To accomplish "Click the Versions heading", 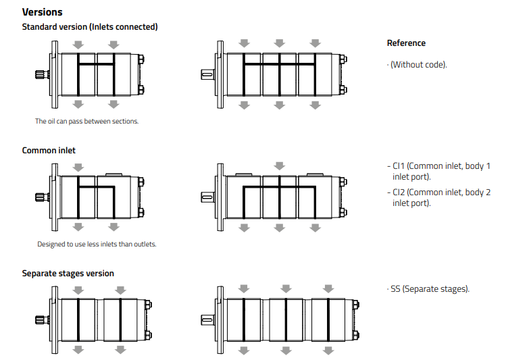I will tap(42, 12).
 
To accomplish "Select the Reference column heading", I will tap(406, 43).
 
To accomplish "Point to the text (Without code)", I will tap(419, 65).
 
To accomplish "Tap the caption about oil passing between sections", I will tap(86, 122).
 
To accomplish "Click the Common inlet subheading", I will tap(49, 151).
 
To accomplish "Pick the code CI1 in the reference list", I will tap(399, 165).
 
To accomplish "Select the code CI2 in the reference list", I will tap(399, 192).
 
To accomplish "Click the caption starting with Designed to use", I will tap(97, 244).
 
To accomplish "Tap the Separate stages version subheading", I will tap(68, 274).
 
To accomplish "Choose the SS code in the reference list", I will tap(395, 289).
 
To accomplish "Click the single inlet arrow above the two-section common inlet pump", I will tap(78, 167).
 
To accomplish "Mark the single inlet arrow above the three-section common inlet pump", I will tap(278, 165).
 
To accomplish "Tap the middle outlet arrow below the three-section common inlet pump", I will tap(279, 228).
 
